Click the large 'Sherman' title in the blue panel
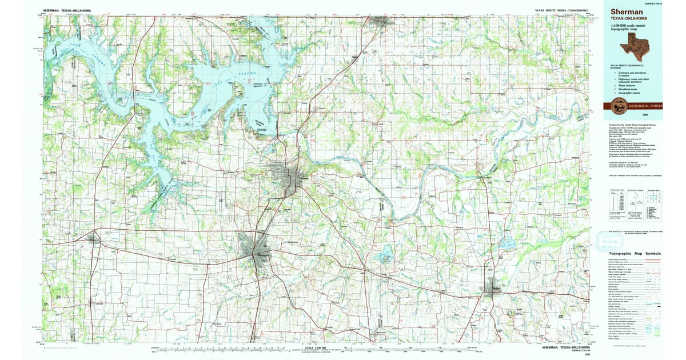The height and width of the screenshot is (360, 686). (626, 11)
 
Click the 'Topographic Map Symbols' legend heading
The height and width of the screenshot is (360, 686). (635, 253)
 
